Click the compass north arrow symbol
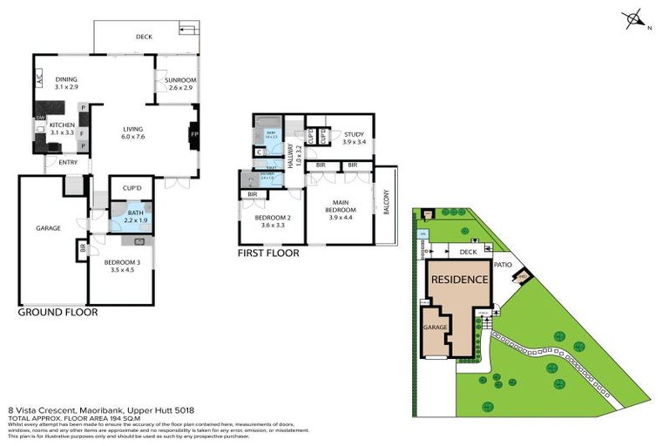coord(635,18)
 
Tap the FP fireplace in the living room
coord(194,134)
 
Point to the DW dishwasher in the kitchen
coord(40,118)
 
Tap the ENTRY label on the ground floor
coord(68,162)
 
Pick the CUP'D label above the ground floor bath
coord(132,187)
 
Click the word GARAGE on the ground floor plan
coord(48,228)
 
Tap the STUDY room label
coord(354,134)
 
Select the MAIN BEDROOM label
coord(340,206)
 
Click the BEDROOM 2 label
coord(272,219)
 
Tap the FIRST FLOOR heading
coord(268,253)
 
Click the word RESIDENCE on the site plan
coord(457,282)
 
